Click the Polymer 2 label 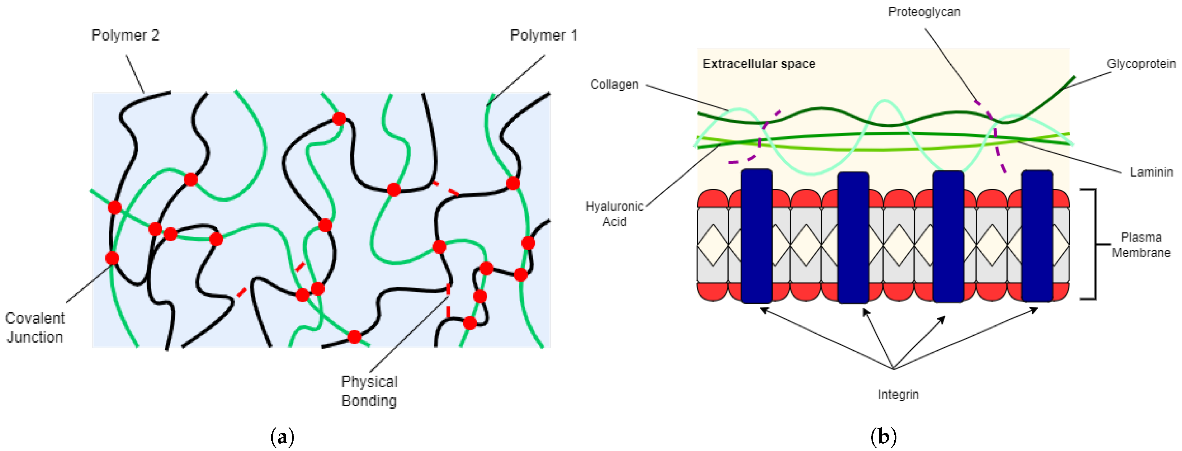pyautogui.click(x=125, y=35)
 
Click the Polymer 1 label pyautogui.click(x=543, y=35)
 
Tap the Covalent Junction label pyautogui.click(x=35, y=328)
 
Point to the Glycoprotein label pyautogui.click(x=1141, y=64)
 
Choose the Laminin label pyautogui.click(x=1151, y=172)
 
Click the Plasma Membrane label pyautogui.click(x=1141, y=245)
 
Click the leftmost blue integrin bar pyautogui.click(x=756, y=236)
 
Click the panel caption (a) pyautogui.click(x=282, y=437)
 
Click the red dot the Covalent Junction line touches pyautogui.click(x=112, y=258)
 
